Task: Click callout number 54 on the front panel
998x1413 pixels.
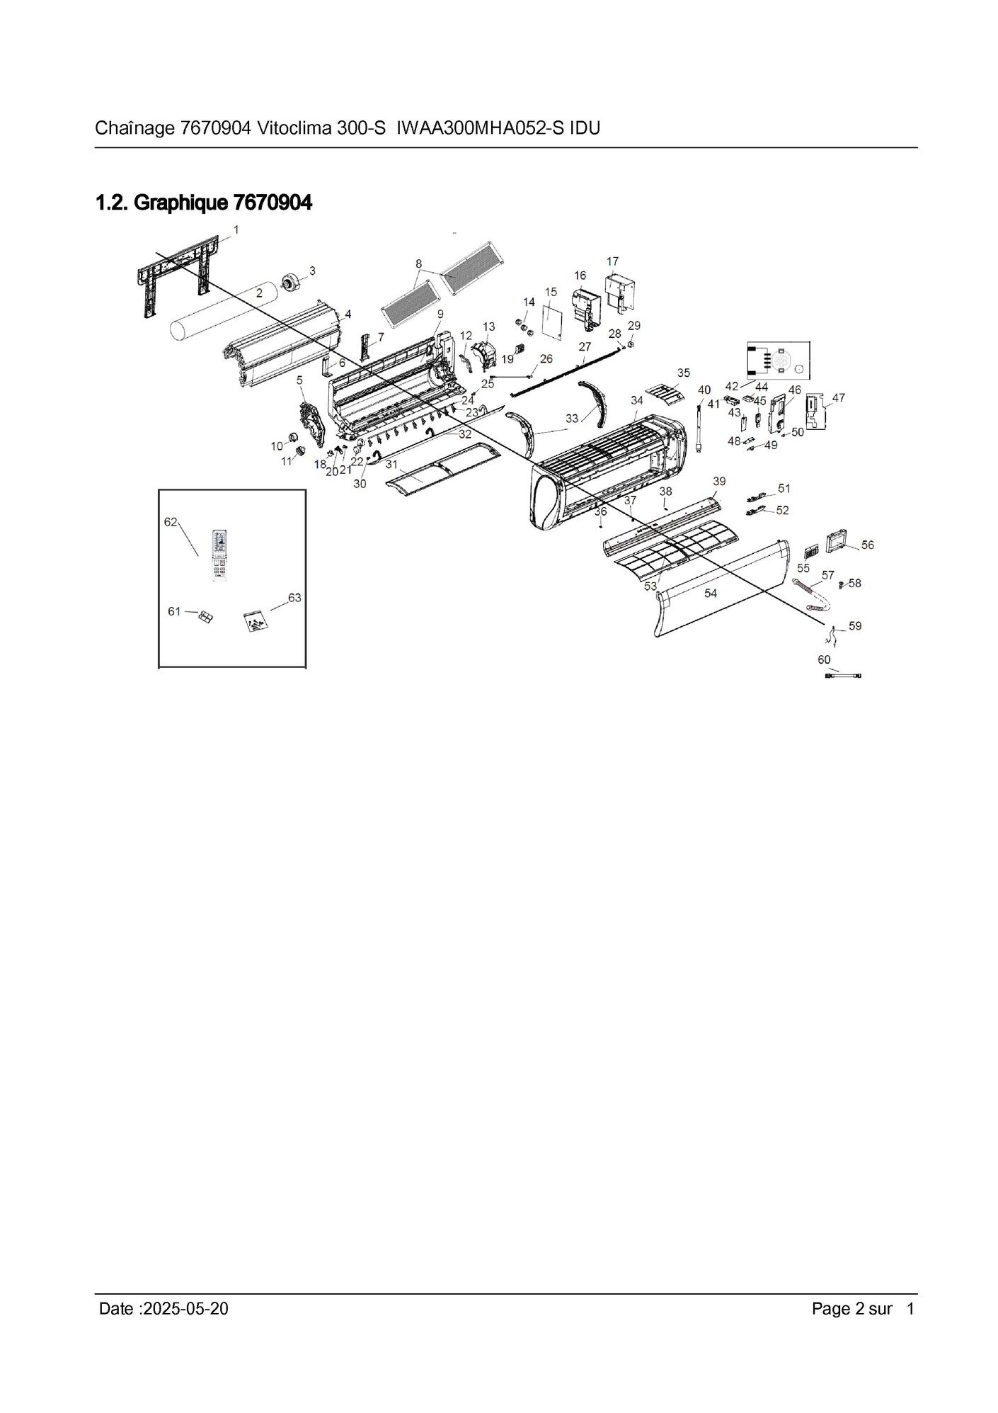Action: [710, 593]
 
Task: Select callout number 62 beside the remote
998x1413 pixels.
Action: [171, 522]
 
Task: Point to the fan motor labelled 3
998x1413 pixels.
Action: [291, 282]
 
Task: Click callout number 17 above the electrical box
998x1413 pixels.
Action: [612, 261]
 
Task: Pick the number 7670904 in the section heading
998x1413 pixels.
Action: [273, 203]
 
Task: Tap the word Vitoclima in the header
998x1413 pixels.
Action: [292, 128]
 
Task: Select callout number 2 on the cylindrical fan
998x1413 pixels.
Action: [259, 292]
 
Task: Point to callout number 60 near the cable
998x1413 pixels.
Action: [824, 659]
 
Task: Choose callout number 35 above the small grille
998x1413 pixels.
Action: [683, 373]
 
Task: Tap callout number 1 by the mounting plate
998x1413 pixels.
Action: [236, 229]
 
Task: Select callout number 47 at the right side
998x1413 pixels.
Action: [838, 398]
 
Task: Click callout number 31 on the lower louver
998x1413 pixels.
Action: [391, 464]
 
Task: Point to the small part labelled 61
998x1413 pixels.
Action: [205, 618]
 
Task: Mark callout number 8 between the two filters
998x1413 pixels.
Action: [419, 263]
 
